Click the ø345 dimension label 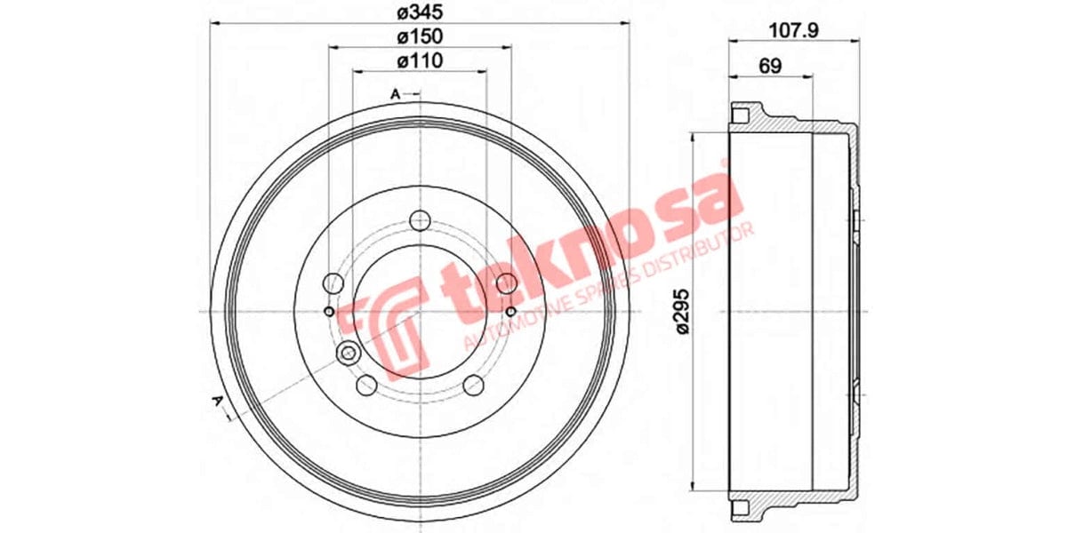click(420, 13)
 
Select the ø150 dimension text click(420, 36)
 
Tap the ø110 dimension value click(420, 60)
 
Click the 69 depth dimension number click(770, 66)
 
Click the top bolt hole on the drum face click(420, 220)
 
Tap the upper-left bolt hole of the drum click(333, 283)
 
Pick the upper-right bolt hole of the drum click(506, 283)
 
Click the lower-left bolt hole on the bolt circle click(366, 385)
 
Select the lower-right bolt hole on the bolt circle click(473, 385)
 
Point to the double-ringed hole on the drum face click(347, 354)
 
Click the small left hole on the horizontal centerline click(329, 312)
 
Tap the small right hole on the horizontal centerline click(510, 312)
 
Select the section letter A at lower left click(216, 402)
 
